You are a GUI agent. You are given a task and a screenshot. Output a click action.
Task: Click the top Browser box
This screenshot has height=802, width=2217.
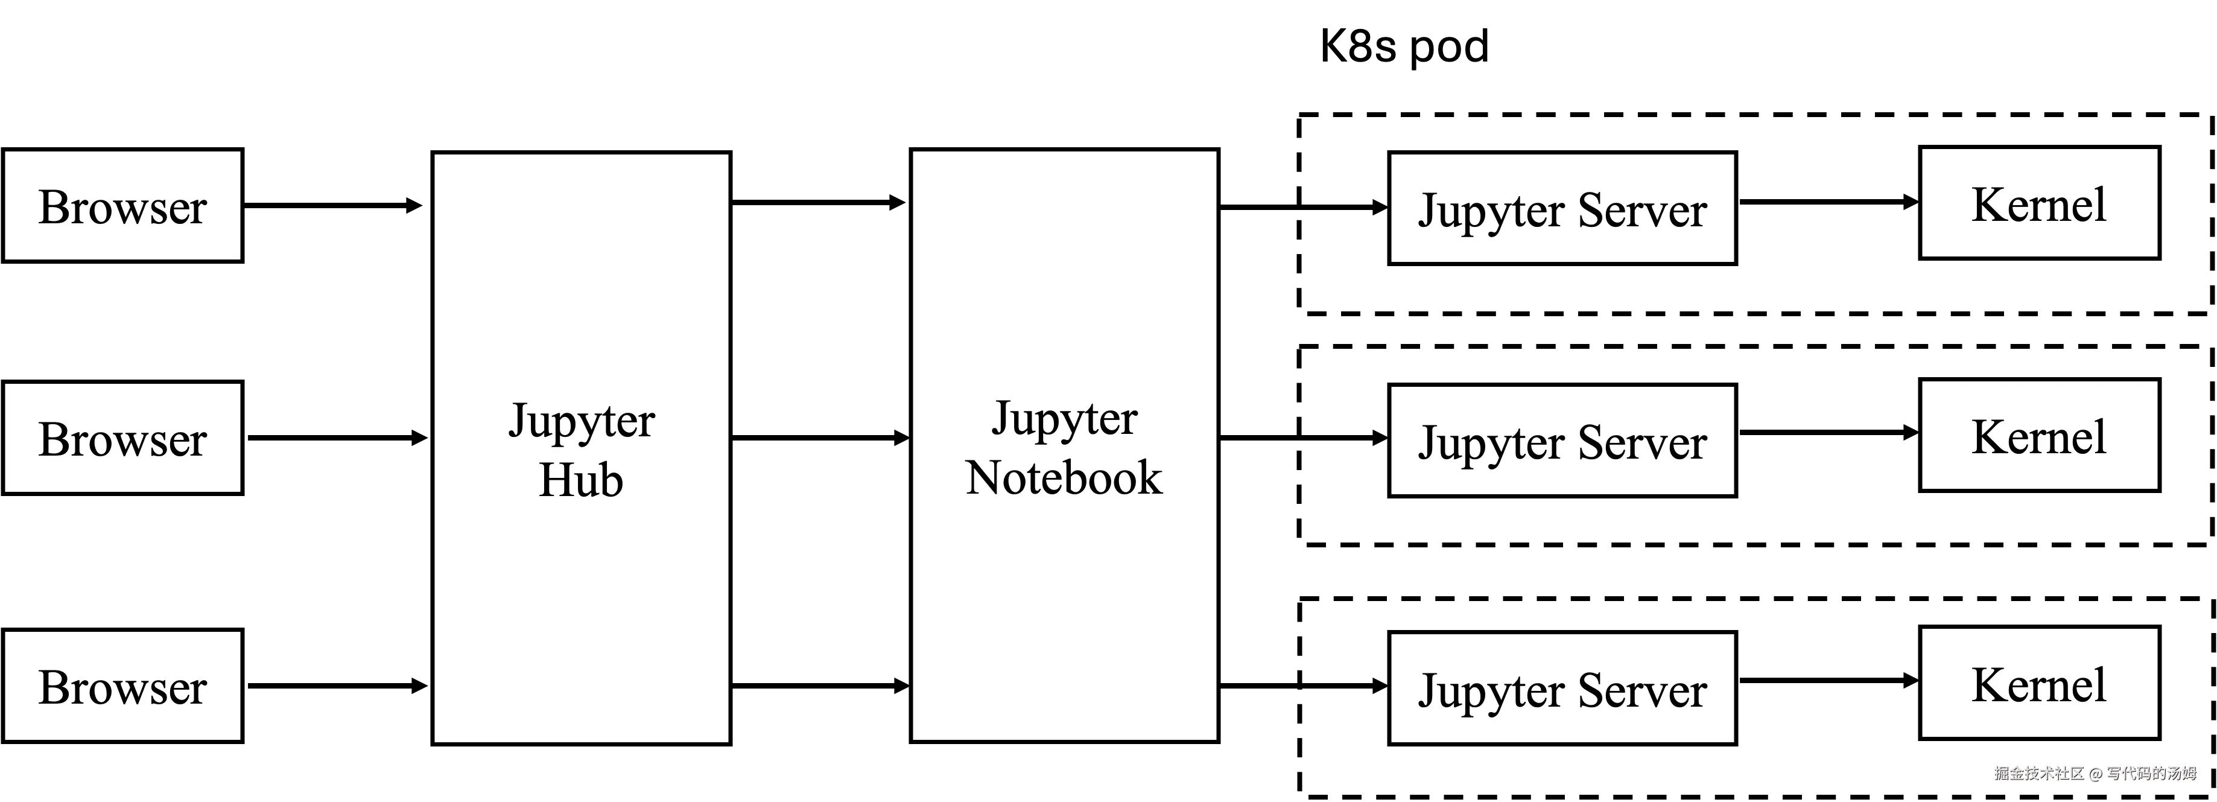[x=122, y=206]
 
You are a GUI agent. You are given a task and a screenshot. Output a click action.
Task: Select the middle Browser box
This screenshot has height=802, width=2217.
[x=122, y=438]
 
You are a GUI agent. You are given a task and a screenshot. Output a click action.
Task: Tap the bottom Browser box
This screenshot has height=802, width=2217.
[x=122, y=686]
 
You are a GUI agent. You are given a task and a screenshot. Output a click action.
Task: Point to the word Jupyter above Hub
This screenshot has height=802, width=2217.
[x=582, y=422]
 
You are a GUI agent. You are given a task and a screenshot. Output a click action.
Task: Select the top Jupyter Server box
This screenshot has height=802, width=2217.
[x=1562, y=208]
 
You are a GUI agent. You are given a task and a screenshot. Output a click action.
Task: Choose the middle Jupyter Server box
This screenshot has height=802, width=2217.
[x=1562, y=441]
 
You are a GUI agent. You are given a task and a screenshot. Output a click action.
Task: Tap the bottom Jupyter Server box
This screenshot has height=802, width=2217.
[x=1562, y=689]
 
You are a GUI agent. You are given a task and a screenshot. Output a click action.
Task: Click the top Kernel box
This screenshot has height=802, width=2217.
[x=2039, y=203]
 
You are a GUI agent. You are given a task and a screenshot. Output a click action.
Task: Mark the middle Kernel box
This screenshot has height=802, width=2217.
[x=2039, y=436]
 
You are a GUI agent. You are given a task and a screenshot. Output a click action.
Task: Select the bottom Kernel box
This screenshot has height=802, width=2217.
[x=2039, y=683]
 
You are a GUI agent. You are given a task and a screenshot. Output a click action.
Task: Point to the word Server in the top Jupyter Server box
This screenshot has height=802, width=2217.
[x=1642, y=210]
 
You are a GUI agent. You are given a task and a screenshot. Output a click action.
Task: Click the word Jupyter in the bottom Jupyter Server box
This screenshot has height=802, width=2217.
[x=1491, y=692]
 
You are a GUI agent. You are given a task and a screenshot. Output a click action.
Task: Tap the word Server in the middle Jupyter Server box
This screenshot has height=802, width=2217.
[x=1642, y=442]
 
